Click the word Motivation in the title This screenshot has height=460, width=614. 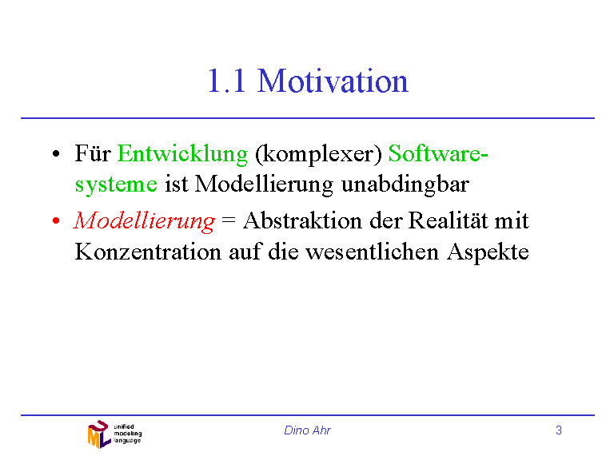pyautogui.click(x=333, y=81)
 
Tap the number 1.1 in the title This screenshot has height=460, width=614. pyautogui.click(x=227, y=81)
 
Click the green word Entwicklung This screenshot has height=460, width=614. pyautogui.click(x=182, y=154)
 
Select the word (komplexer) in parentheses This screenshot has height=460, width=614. pyautogui.click(x=318, y=154)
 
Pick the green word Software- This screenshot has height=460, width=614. pyautogui.click(x=438, y=153)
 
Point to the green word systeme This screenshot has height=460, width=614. pyautogui.click(x=116, y=184)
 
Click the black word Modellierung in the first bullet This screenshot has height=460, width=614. pyautogui.click(x=264, y=184)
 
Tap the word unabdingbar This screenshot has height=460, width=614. pyautogui.click(x=405, y=184)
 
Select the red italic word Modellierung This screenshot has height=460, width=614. pyautogui.click(x=144, y=221)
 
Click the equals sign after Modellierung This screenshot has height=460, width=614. pyautogui.click(x=229, y=220)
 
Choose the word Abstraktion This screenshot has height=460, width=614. pyautogui.click(x=302, y=220)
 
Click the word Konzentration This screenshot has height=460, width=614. pyautogui.click(x=148, y=252)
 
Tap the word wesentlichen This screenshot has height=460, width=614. pyautogui.click(x=372, y=252)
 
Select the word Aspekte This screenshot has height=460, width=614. pyautogui.click(x=488, y=252)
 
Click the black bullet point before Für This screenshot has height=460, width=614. pyautogui.click(x=56, y=153)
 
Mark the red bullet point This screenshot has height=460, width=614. pyautogui.click(x=56, y=221)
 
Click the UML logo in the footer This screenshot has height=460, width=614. pyautogui.click(x=114, y=434)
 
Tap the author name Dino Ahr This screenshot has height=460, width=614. pyautogui.click(x=307, y=430)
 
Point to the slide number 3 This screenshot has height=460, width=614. pyautogui.click(x=559, y=430)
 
